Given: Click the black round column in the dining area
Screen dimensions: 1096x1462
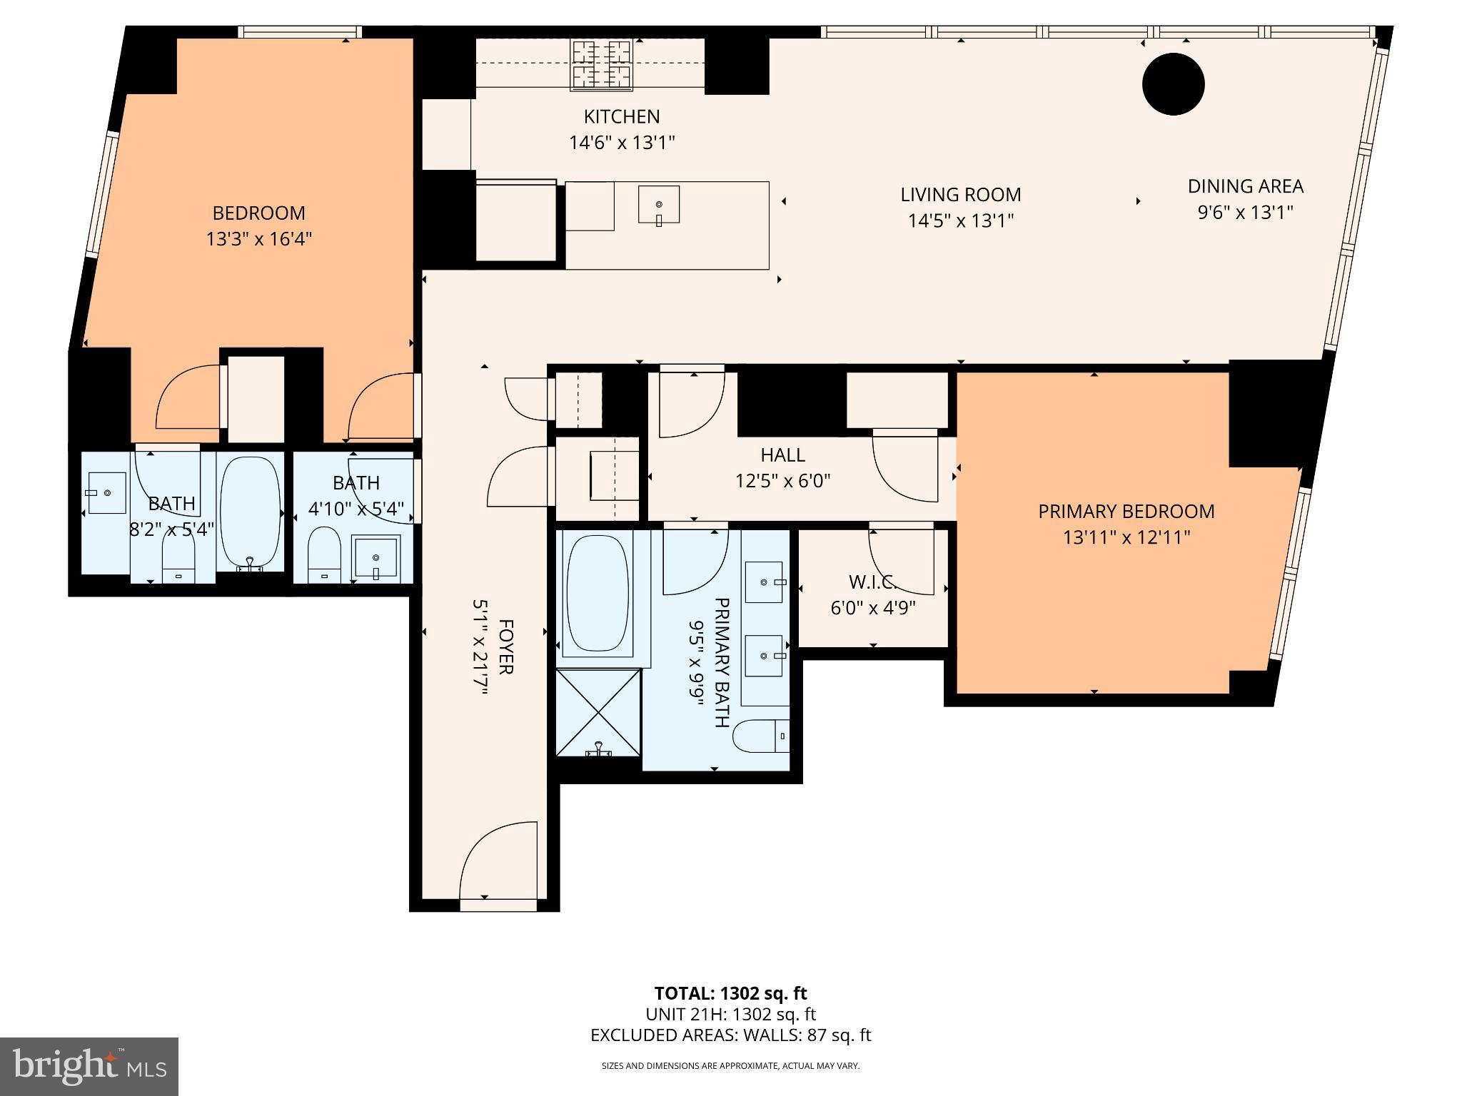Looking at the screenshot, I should tap(1173, 84).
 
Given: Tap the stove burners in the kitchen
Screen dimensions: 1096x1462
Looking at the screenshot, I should tap(601, 65).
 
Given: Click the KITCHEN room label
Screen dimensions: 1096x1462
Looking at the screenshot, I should tap(621, 116).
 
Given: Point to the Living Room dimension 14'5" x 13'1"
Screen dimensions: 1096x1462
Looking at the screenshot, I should tap(960, 220).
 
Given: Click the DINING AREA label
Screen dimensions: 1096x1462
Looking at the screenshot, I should tap(1245, 186).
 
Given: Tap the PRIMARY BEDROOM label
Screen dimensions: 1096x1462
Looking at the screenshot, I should tap(1126, 512).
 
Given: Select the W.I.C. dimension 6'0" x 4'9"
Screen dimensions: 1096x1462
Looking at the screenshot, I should tap(872, 609).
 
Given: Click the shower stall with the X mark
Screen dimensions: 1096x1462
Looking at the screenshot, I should tap(598, 712).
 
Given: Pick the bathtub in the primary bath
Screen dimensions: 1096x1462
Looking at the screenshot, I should tap(598, 595).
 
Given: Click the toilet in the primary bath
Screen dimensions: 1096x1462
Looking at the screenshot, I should tap(760, 736).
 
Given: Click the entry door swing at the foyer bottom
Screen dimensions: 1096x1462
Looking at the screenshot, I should tap(498, 863).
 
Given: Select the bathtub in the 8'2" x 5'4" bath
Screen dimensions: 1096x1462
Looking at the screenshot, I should tap(250, 512).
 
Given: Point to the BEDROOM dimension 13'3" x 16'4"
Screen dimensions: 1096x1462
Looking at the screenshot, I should tap(259, 239).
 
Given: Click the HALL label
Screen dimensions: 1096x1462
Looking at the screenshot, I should tap(782, 455).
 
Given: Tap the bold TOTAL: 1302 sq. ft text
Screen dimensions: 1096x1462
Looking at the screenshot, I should tap(730, 993).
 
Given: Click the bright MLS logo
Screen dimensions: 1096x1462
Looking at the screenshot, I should tap(89, 1066).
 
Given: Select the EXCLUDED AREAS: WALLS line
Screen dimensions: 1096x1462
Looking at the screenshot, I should tap(730, 1035).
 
